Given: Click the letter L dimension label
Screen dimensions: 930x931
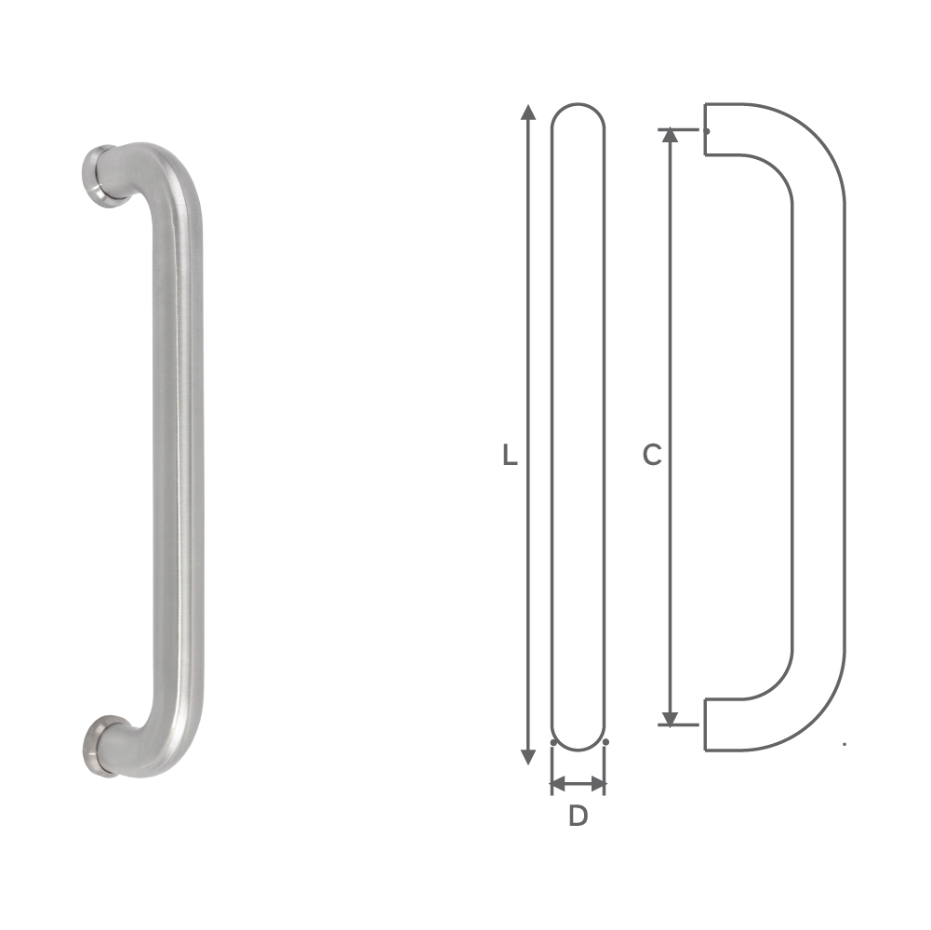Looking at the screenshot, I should [509, 456].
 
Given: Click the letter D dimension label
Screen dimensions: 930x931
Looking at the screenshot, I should [579, 817].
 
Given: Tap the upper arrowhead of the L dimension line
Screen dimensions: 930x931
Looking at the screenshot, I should [529, 113].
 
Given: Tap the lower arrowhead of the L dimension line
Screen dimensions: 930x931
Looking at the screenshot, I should [529, 756].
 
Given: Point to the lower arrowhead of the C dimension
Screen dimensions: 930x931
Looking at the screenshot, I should [670, 718].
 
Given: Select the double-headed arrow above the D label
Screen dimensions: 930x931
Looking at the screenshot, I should [579, 785].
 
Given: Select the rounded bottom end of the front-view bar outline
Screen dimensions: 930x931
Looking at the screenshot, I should [578, 739].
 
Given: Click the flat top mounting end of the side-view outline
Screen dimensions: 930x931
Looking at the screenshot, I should [705, 128].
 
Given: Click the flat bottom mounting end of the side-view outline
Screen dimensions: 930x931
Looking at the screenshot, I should [705, 724].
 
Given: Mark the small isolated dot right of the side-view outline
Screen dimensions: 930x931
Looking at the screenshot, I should [844, 743].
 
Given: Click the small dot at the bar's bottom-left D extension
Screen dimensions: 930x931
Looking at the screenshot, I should [552, 743].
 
